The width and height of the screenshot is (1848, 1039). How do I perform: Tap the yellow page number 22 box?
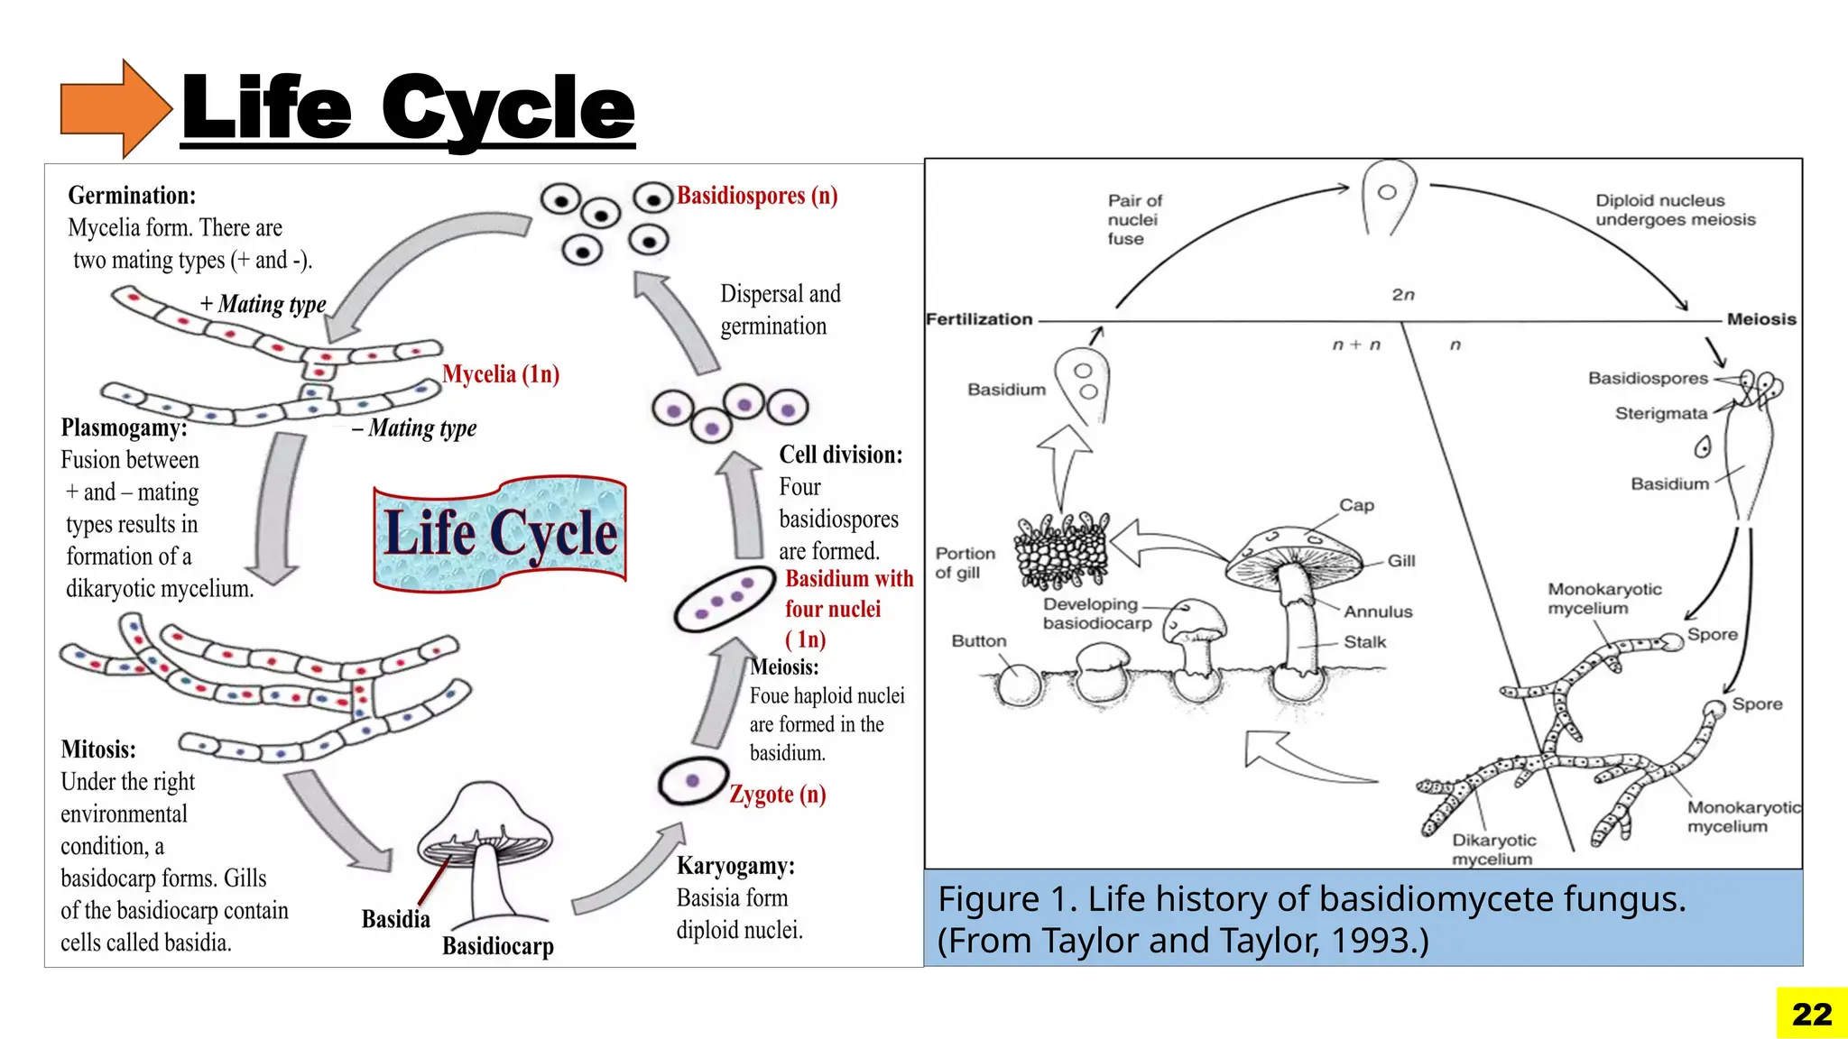pos(1812,1014)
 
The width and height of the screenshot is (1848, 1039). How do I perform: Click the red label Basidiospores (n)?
pos(757,196)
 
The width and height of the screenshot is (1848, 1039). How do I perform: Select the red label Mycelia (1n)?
pos(501,374)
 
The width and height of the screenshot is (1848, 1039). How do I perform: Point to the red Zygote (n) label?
pos(777,795)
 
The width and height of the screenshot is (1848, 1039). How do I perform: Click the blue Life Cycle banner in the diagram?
pos(500,534)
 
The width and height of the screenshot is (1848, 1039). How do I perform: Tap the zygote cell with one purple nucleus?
pos(693,781)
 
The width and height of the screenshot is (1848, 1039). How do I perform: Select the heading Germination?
pos(132,196)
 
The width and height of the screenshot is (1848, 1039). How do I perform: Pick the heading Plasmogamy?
pos(125,428)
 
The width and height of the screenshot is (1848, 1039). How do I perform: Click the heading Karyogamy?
pos(735,866)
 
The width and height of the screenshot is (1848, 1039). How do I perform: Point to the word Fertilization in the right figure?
pos(979,319)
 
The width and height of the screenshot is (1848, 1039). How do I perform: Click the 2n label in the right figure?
pos(1403,295)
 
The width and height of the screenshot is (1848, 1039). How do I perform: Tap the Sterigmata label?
pos(1660,414)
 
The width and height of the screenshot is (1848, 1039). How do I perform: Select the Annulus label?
pos(1378,611)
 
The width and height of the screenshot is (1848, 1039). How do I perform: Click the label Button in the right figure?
pos(979,641)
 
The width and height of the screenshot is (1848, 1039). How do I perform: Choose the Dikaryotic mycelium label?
pos(1493,850)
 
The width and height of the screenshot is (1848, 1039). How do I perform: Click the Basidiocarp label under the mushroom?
pos(498,946)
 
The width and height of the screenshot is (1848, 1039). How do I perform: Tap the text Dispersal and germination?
pos(780,310)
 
